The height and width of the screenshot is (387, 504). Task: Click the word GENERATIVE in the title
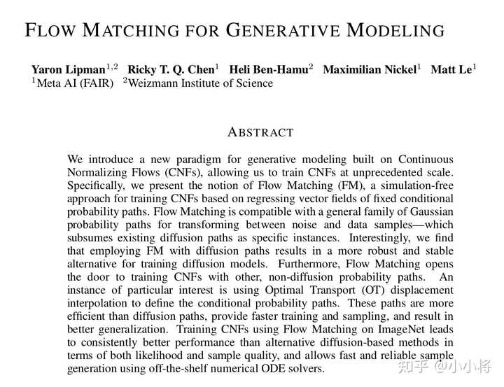[283, 31]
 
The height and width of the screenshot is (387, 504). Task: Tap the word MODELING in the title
[396, 31]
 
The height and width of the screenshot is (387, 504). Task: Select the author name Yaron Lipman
[68, 69]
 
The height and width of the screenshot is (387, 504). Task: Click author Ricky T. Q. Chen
[170, 69]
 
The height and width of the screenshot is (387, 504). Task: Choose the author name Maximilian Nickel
[368, 69]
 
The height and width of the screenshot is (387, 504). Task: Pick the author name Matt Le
[451, 69]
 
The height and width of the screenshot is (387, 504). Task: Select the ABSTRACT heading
[261, 132]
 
